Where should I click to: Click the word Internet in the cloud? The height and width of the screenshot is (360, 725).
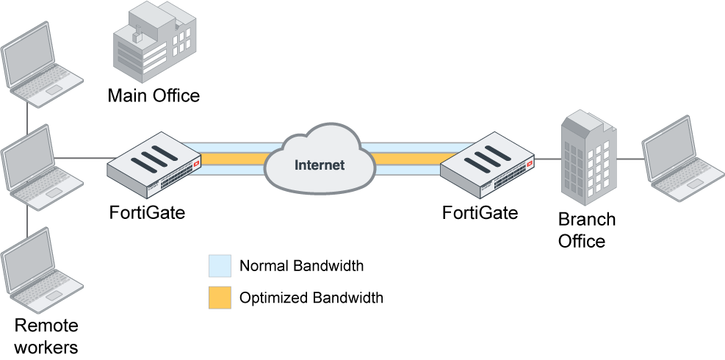319,165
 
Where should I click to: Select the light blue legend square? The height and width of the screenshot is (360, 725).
220,266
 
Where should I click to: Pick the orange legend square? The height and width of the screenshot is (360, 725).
220,298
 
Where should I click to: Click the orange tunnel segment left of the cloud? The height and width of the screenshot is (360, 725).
231,159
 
